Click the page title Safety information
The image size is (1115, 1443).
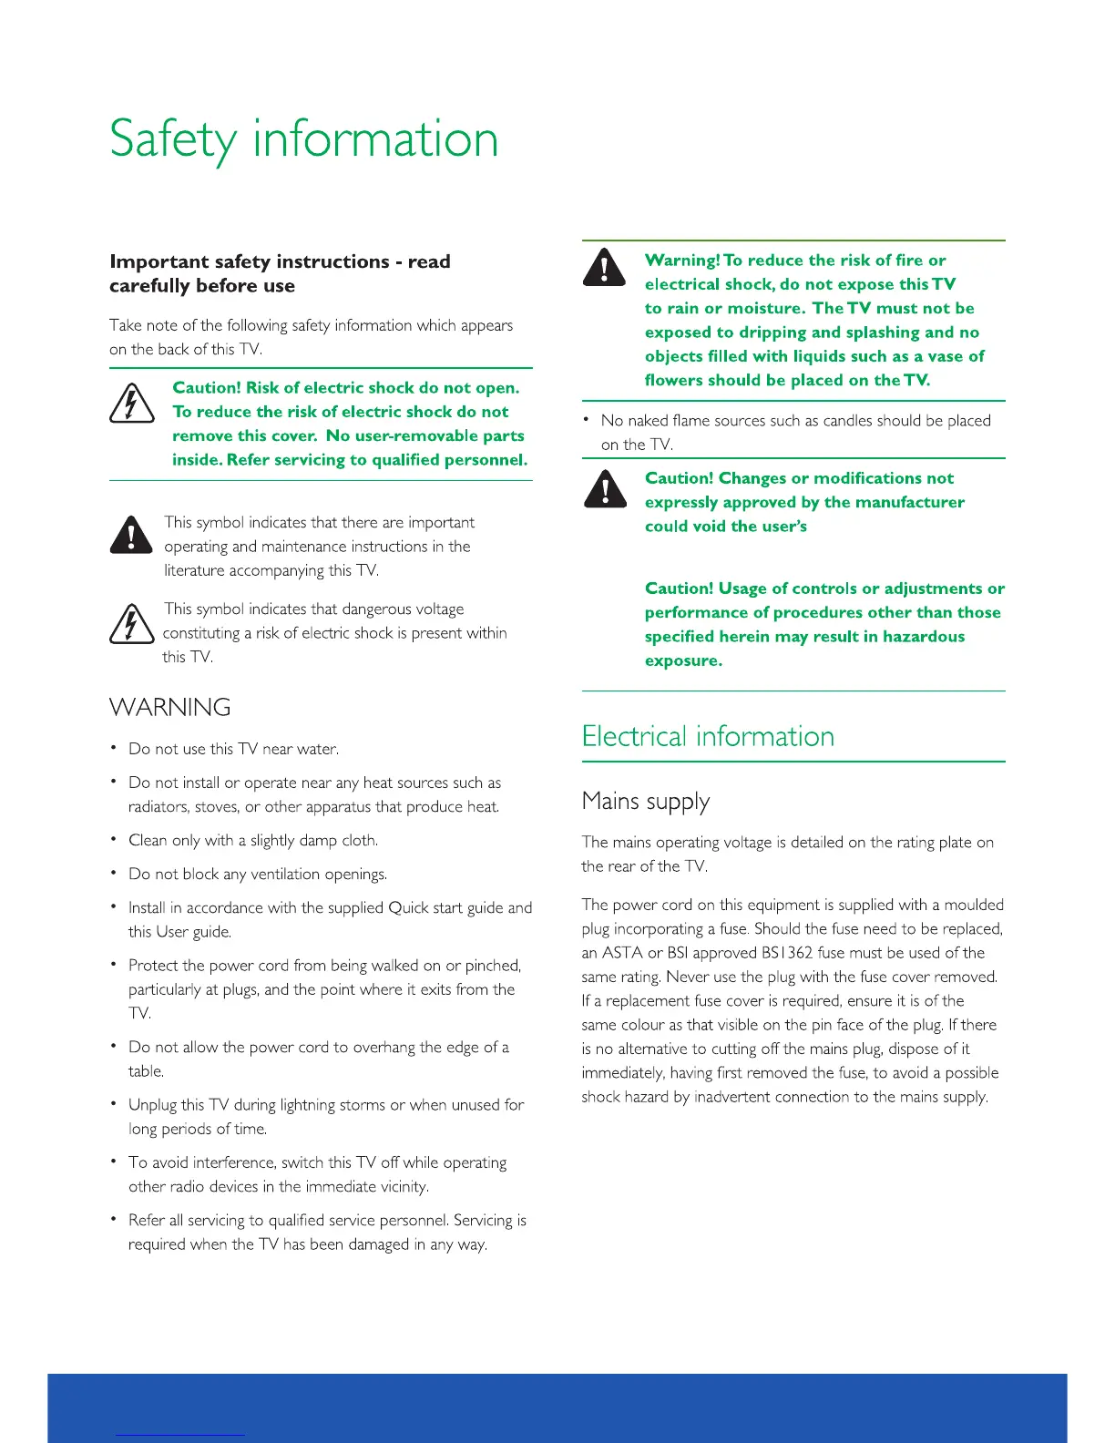click(x=303, y=139)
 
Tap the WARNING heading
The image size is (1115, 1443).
click(x=170, y=708)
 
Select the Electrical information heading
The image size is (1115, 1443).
click(x=708, y=736)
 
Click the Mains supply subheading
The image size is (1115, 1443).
click(x=645, y=802)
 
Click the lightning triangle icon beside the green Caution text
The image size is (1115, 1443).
click(x=131, y=404)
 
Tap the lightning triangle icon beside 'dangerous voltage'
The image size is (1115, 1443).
click(x=131, y=625)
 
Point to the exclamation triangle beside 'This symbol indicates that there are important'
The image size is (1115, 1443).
click(x=131, y=535)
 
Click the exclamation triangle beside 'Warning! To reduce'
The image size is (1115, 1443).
click(x=604, y=268)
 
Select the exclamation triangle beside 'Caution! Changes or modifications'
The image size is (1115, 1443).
click(x=604, y=488)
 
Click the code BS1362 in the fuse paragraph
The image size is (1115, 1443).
click(x=787, y=953)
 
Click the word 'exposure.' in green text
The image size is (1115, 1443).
click(x=683, y=661)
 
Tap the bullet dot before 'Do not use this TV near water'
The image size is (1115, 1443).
click(x=113, y=748)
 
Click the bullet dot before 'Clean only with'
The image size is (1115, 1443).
click(x=113, y=839)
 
